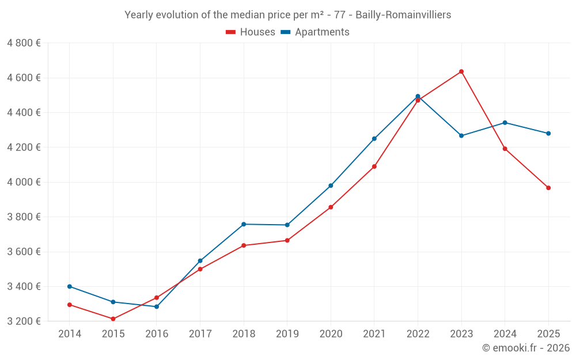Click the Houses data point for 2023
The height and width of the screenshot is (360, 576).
pyautogui.click(x=461, y=71)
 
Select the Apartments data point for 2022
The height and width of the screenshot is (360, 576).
pyautogui.click(x=418, y=96)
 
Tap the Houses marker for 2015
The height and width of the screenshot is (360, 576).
pyautogui.click(x=113, y=319)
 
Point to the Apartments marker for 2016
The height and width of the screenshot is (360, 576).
pyautogui.click(x=157, y=306)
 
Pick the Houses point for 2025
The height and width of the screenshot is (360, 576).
pyautogui.click(x=548, y=188)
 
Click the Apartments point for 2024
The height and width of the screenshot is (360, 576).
pyautogui.click(x=505, y=123)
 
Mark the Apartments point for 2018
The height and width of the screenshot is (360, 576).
pyautogui.click(x=244, y=224)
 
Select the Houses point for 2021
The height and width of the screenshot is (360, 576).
pyautogui.click(x=374, y=166)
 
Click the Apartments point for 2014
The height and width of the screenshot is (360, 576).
pyautogui.click(x=70, y=286)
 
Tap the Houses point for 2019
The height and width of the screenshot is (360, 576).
pyautogui.click(x=287, y=240)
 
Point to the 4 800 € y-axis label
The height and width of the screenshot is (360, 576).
pyautogui.click(x=24, y=43)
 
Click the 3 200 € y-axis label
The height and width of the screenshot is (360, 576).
pyautogui.click(x=24, y=321)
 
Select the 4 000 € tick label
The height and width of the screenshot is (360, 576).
pyautogui.click(x=24, y=182)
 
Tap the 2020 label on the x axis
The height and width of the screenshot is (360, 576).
pyautogui.click(x=331, y=334)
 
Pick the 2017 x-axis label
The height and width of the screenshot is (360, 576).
pyautogui.click(x=200, y=334)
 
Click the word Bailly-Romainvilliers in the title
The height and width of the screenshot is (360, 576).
pyautogui.click(x=403, y=14)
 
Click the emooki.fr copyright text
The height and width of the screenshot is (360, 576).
pyautogui.click(x=525, y=348)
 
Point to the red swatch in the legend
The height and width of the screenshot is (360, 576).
pyautogui.click(x=230, y=32)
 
